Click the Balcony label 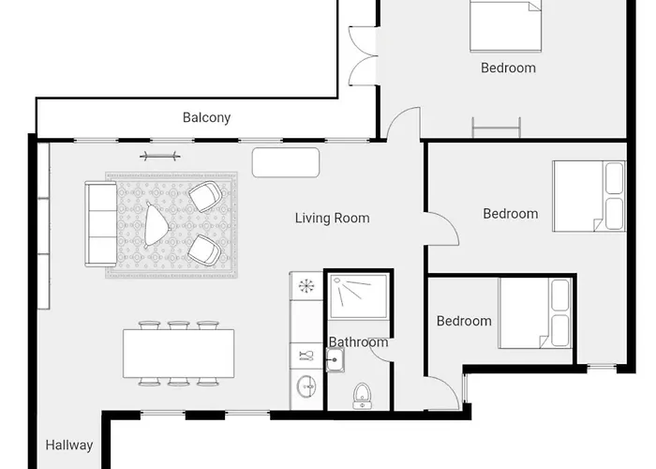(x=207, y=117)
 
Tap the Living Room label (x=332, y=219)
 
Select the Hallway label (x=69, y=446)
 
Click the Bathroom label (x=358, y=342)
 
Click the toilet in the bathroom (x=362, y=396)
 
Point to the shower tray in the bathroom (x=358, y=296)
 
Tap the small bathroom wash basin (x=335, y=359)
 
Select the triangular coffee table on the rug (x=157, y=224)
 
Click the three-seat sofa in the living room (x=101, y=224)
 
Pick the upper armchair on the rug (x=205, y=196)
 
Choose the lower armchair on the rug (x=204, y=250)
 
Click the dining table (x=179, y=354)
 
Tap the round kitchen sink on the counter (x=306, y=386)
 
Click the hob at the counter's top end (x=306, y=286)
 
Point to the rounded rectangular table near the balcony (x=286, y=162)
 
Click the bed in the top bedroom (x=505, y=26)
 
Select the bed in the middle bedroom (x=589, y=196)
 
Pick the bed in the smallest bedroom (x=535, y=313)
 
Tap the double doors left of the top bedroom (x=364, y=55)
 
